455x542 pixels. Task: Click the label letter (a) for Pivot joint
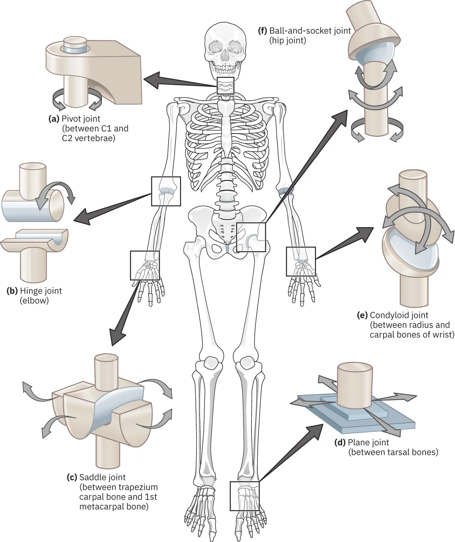[x=54, y=119]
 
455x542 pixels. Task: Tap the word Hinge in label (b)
[x=30, y=291]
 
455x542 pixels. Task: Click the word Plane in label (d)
[x=358, y=443]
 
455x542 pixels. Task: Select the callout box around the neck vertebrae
[x=225, y=86]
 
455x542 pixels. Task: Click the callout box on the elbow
[x=166, y=191]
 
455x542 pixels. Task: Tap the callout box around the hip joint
[x=251, y=237]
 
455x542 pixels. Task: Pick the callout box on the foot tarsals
[x=244, y=495]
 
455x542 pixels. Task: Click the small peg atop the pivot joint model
[x=75, y=45]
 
